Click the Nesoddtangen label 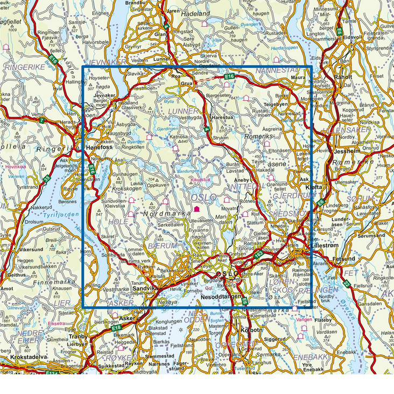tap(220, 297)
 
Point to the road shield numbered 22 tap(347, 284)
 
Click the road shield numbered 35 tap(47, 177)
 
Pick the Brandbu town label tap(135, 3)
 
